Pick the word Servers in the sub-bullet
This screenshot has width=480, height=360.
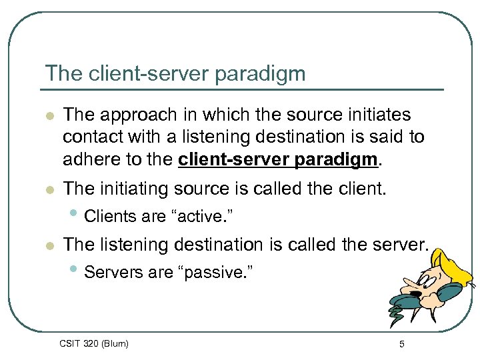111,272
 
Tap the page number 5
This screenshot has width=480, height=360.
402,344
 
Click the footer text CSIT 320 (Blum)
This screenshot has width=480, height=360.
94,343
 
